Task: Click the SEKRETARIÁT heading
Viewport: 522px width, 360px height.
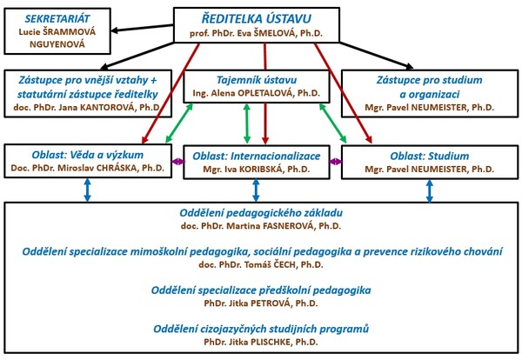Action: pos(57,18)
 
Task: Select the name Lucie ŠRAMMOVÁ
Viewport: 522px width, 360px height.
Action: pos(57,32)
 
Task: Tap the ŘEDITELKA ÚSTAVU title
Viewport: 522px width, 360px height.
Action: pos(257,18)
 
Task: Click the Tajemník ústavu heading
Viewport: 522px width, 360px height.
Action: pos(257,80)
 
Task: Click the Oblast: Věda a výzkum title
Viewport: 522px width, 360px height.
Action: pos(88,155)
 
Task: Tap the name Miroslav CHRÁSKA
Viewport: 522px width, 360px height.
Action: pos(98,168)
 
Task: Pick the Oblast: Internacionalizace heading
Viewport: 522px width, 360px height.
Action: pos(257,156)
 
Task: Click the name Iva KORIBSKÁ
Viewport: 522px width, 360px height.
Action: pos(251,169)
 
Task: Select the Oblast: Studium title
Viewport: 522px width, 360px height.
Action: pos(430,156)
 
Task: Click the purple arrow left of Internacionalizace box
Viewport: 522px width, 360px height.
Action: pos(177,162)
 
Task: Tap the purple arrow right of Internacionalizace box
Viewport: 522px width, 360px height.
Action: pos(336,162)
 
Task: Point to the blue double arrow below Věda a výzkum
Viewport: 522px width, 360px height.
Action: pos(87,190)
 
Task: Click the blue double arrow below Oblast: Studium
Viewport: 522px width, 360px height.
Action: pos(430,191)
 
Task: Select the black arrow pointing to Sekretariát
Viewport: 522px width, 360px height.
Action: pos(142,28)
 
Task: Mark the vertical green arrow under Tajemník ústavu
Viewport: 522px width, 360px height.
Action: pos(247,123)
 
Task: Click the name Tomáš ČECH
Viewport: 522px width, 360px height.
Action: pos(267,265)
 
